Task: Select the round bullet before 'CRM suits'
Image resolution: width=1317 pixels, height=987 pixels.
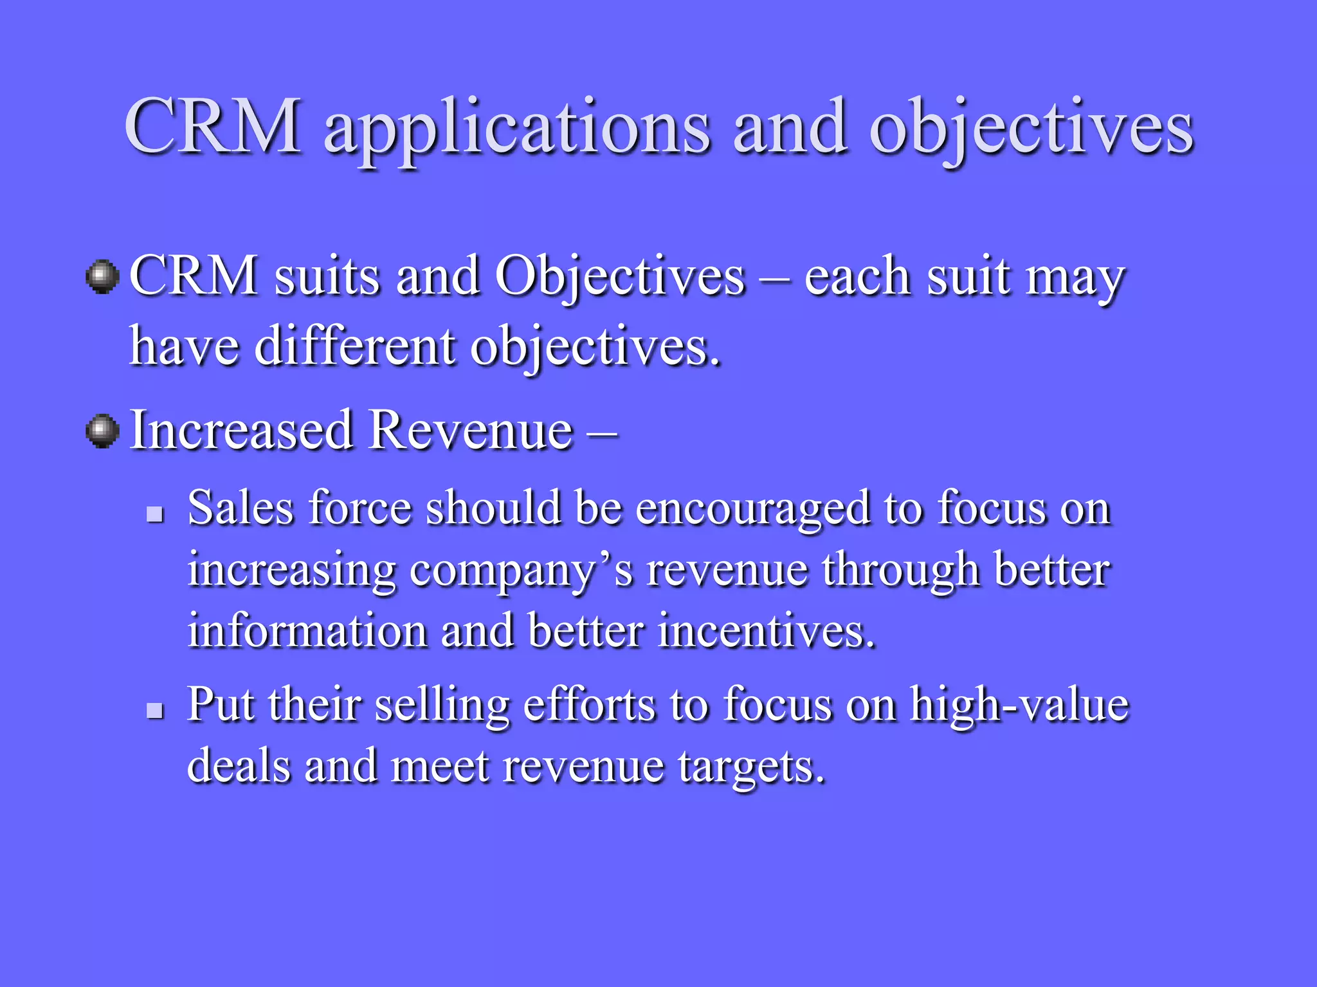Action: coord(103,277)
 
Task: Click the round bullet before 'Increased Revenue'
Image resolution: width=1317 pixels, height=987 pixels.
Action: coord(103,431)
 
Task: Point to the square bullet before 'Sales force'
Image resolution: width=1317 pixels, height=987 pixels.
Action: coord(155,513)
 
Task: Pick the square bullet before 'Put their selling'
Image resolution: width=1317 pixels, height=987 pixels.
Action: coord(155,710)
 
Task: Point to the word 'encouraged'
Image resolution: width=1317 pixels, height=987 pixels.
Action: coord(752,509)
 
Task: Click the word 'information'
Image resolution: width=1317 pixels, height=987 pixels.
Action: coord(307,630)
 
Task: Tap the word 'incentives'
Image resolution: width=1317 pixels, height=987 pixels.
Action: coord(765,630)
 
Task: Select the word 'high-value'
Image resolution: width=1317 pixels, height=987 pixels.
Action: coord(1019,705)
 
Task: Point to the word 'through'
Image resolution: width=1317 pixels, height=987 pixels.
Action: coord(900,571)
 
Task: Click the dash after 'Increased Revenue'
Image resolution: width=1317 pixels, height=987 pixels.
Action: coord(603,432)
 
